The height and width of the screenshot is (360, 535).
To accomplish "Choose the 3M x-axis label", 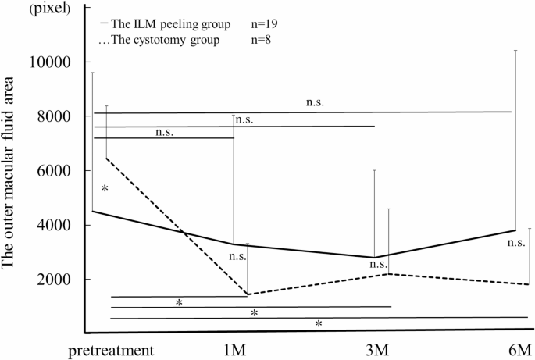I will point(378,348).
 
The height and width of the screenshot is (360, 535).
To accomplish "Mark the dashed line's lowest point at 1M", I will point(248,294).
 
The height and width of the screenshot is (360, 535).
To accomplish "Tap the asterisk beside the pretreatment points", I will point(104,190).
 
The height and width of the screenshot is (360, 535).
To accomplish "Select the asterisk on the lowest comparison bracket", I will point(318,323).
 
